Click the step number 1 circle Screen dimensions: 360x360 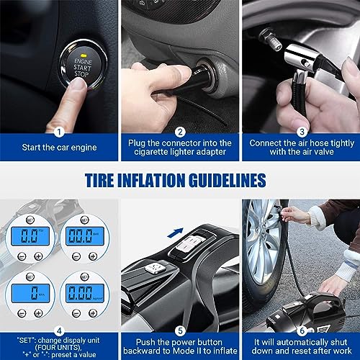tap(60, 132)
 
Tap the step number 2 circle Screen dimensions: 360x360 tap(179, 132)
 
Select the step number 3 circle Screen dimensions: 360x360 tap(300, 132)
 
